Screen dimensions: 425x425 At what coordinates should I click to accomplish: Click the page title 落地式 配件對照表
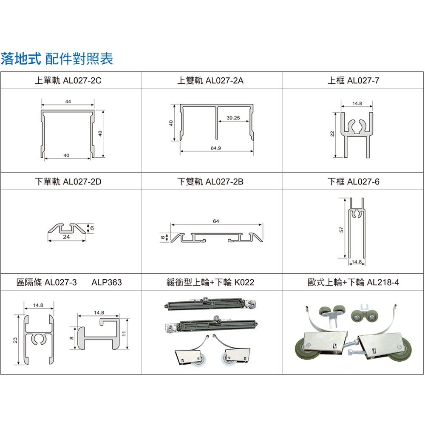point(57,59)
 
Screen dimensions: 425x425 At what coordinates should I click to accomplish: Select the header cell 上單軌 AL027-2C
point(68,80)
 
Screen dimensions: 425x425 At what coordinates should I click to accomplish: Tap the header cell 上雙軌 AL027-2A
point(210,80)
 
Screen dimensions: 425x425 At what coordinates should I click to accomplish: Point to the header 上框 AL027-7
point(353,80)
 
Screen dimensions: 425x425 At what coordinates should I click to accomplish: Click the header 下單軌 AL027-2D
point(68,181)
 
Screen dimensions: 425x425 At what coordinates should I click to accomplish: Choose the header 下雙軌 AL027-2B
point(210,181)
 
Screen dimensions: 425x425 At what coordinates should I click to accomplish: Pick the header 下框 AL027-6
point(353,181)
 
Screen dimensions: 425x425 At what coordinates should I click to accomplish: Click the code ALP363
point(107,283)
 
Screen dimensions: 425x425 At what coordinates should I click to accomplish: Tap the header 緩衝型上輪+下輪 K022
point(210,283)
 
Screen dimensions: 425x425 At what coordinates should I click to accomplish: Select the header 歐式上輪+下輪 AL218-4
point(353,283)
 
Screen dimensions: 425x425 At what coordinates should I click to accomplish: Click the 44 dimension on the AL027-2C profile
point(68,102)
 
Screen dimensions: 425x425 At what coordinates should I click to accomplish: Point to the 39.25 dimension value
point(233,118)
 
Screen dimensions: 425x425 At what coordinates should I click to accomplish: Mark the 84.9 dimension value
point(216,148)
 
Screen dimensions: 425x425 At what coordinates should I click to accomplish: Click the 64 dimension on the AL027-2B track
point(216,221)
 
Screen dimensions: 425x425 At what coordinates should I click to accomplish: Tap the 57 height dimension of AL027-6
point(341,230)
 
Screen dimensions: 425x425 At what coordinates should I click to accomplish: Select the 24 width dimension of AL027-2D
point(66,237)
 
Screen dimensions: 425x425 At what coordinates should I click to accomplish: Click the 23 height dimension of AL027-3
point(15,340)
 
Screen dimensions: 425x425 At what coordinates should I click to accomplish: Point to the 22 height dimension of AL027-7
point(332,133)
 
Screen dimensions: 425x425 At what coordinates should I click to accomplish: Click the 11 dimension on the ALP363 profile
point(124,334)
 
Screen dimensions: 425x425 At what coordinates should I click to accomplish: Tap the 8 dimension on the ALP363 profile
point(71,338)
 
